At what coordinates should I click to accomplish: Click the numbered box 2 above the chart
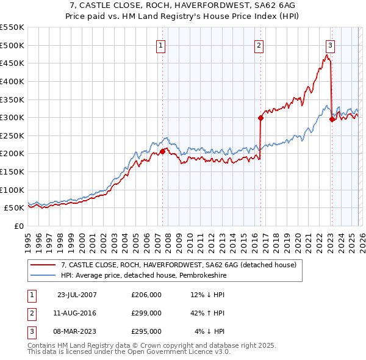(x=259, y=45)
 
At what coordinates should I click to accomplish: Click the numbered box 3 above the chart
(x=330, y=45)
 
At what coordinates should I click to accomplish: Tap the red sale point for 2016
(x=260, y=118)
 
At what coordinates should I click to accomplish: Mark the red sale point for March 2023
(x=332, y=120)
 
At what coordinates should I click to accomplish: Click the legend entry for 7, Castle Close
(x=178, y=265)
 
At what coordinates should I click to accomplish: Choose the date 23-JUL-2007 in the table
(x=76, y=295)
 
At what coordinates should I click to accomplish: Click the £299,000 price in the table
(x=146, y=313)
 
